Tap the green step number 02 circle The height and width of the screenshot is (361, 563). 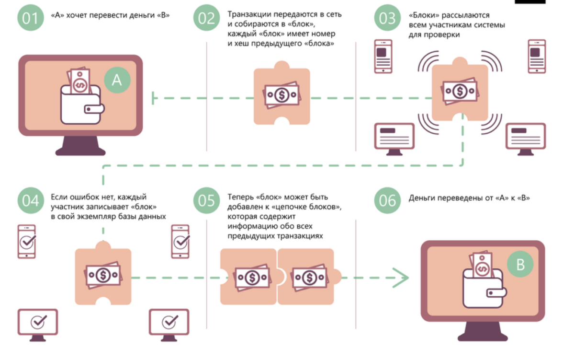point(207,18)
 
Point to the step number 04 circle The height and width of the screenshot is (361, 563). point(30,200)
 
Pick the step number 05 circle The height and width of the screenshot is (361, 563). point(207,200)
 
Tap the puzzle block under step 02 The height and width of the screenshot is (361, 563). point(281,96)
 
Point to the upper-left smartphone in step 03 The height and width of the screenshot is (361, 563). point(383,57)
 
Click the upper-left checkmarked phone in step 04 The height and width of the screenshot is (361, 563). point(27,241)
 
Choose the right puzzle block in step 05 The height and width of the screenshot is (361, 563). point(309,277)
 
